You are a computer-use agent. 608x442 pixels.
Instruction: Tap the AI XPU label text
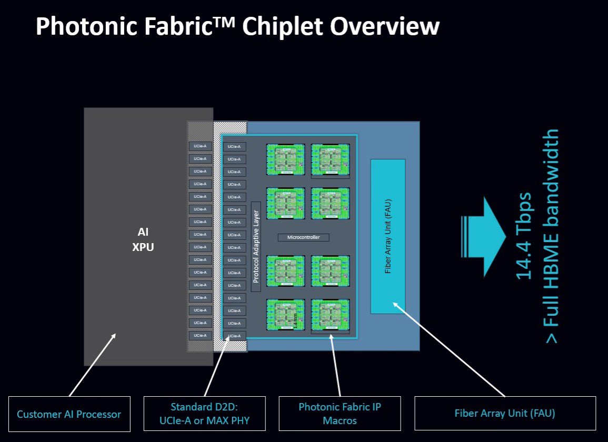(143, 240)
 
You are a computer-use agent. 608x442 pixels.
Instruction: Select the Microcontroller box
(303, 237)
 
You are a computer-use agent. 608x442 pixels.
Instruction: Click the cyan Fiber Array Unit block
(388, 236)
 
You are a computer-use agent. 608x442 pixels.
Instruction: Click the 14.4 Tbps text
(524, 235)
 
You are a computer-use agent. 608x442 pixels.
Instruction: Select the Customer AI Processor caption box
(69, 414)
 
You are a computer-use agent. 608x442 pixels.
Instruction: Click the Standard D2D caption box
(205, 414)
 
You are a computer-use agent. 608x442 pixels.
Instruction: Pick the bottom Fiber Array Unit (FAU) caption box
(505, 414)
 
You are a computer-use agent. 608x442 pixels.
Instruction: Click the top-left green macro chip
(286, 160)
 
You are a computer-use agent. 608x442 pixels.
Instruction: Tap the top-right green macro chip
(330, 160)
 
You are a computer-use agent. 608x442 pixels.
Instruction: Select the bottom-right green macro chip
(330, 315)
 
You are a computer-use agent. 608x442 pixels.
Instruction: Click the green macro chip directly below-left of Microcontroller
(286, 272)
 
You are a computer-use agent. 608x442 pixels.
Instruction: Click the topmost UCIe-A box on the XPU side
(200, 146)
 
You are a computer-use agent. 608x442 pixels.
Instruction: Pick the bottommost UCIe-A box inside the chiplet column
(234, 336)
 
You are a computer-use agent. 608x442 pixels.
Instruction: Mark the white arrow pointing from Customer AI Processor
(93, 364)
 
